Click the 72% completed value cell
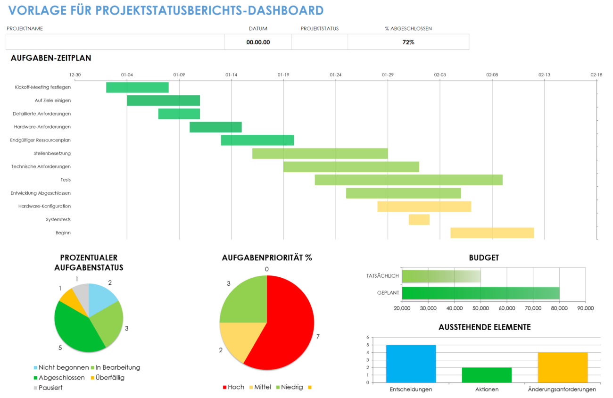[408, 42]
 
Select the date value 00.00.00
[258, 42]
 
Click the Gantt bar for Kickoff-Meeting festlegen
[137, 87]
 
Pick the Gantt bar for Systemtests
[419, 219]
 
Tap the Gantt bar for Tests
[408, 180]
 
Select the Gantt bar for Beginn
[492, 232]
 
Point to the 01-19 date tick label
[283, 75]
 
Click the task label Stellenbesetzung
[52, 153]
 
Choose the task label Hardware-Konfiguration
[44, 206]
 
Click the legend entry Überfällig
[110, 377]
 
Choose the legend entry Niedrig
[291, 387]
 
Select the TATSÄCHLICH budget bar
[440, 276]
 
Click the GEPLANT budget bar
[480, 293]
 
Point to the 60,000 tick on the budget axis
[507, 308]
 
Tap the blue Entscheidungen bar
[411, 364]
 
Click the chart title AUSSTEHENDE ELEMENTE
[484, 327]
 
